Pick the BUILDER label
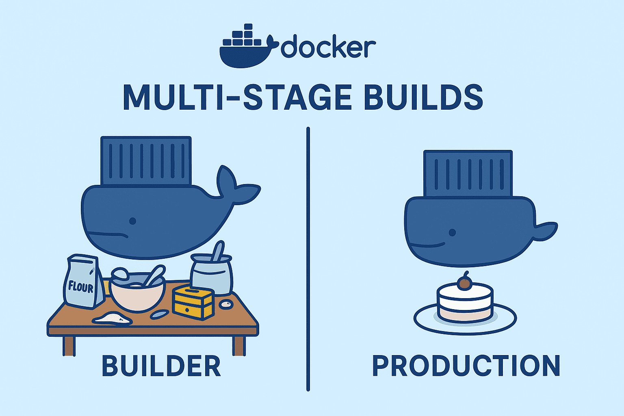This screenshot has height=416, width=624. pyautogui.click(x=161, y=366)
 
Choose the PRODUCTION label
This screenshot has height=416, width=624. pyautogui.click(x=466, y=366)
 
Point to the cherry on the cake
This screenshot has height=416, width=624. pyautogui.click(x=464, y=283)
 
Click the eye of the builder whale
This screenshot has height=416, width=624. pyautogui.click(x=132, y=221)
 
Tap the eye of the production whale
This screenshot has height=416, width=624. pyautogui.click(x=452, y=232)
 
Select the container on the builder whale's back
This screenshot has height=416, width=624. pyautogui.click(x=146, y=160)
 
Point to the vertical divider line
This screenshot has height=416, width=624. pyautogui.click(x=308, y=260)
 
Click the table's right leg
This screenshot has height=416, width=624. pyautogui.click(x=238, y=345)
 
